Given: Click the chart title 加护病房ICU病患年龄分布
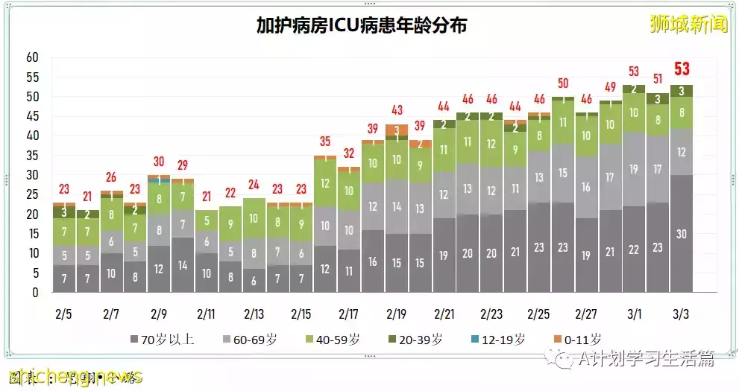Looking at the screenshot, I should click(362, 26).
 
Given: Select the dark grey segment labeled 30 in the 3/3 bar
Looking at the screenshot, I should click(680, 233).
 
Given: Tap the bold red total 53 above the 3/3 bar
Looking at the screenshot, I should click(681, 69).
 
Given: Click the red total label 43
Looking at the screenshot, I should click(397, 110).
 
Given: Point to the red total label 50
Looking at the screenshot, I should click(563, 83).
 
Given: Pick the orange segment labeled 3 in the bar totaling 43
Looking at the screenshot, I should click(397, 130).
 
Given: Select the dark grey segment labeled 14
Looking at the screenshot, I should click(182, 264).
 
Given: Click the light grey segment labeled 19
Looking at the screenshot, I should click(633, 169).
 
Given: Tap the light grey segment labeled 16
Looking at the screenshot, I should click(586, 187).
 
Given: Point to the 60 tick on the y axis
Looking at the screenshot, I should click(31, 57).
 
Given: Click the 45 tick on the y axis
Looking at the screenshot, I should click(31, 116).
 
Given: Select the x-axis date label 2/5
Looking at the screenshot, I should click(64, 314).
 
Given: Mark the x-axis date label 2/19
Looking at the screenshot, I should click(397, 314).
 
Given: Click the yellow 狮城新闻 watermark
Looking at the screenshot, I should click(688, 24).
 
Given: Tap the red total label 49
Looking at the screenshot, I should click(610, 87).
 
